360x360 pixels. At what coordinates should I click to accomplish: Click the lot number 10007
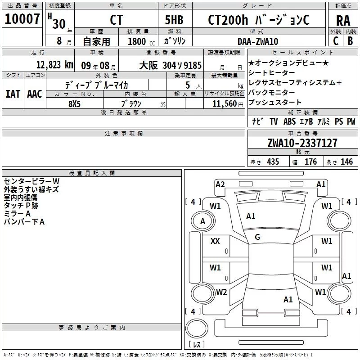(x=22, y=19)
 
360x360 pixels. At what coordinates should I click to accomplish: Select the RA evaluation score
(x=343, y=20)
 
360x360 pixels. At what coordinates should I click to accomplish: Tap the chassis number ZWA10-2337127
(x=302, y=143)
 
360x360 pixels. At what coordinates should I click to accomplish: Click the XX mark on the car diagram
(x=216, y=241)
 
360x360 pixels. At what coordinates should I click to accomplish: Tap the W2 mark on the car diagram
(x=221, y=292)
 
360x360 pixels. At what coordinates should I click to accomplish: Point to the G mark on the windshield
(x=257, y=237)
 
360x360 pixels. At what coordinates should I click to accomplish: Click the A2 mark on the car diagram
(x=220, y=184)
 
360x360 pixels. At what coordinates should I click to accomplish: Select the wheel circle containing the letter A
(x=202, y=221)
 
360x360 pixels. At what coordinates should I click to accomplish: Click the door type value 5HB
(x=174, y=20)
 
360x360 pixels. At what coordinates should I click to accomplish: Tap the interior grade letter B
(x=351, y=40)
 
